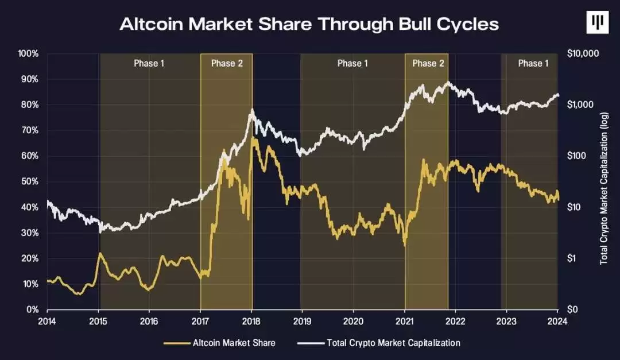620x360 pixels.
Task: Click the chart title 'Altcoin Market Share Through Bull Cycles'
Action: point(309,24)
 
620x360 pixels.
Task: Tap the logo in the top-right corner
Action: point(597,22)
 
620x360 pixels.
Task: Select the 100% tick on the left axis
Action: point(28,53)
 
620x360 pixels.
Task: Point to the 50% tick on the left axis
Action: point(30,181)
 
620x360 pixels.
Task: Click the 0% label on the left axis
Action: point(32,309)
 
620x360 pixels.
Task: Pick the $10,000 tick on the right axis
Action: point(583,53)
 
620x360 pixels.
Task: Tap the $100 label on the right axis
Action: point(576,156)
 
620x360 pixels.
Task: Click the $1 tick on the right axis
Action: point(572,258)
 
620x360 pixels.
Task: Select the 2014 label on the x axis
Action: point(47,321)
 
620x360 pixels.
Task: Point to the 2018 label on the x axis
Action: point(251,321)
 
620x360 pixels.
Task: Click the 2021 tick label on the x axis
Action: point(405,321)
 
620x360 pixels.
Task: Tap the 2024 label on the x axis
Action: point(557,321)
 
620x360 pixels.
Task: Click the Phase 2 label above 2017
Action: point(227,63)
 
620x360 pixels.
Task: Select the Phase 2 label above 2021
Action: point(428,63)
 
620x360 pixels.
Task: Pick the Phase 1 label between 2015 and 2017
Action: point(149,63)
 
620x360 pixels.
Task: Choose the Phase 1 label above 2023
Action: point(533,63)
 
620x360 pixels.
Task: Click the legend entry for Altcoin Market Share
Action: point(219,343)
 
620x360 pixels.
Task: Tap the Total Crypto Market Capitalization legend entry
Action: point(379,343)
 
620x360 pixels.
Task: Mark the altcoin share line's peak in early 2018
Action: point(252,138)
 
